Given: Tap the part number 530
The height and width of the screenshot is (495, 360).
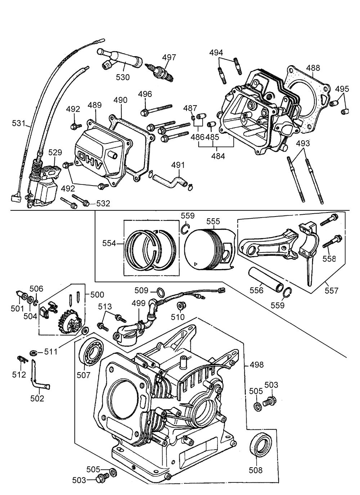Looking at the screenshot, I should tap(123, 77).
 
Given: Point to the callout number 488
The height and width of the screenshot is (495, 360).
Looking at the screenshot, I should tap(313, 68).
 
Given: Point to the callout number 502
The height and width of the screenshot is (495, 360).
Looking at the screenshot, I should tap(37, 398).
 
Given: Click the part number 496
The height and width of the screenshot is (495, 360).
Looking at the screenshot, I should tap(145, 94).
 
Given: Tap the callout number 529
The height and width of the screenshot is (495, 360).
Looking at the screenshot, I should tap(55, 153).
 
